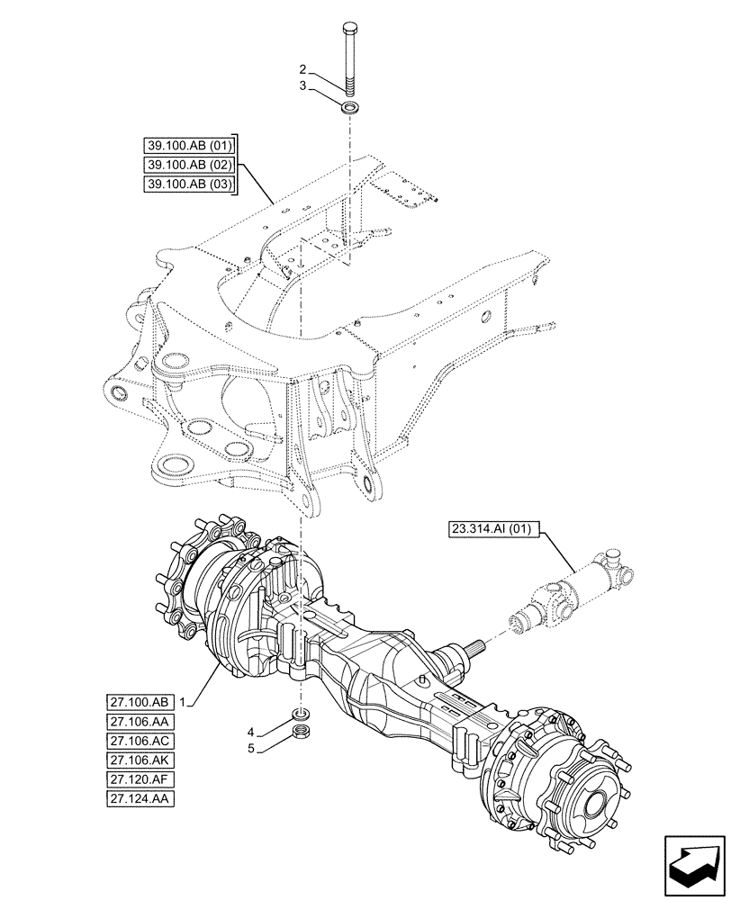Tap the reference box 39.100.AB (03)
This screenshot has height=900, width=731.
188,184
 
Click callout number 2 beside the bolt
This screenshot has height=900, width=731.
304,68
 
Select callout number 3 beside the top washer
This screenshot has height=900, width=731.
304,85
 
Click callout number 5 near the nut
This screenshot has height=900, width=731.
253,748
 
